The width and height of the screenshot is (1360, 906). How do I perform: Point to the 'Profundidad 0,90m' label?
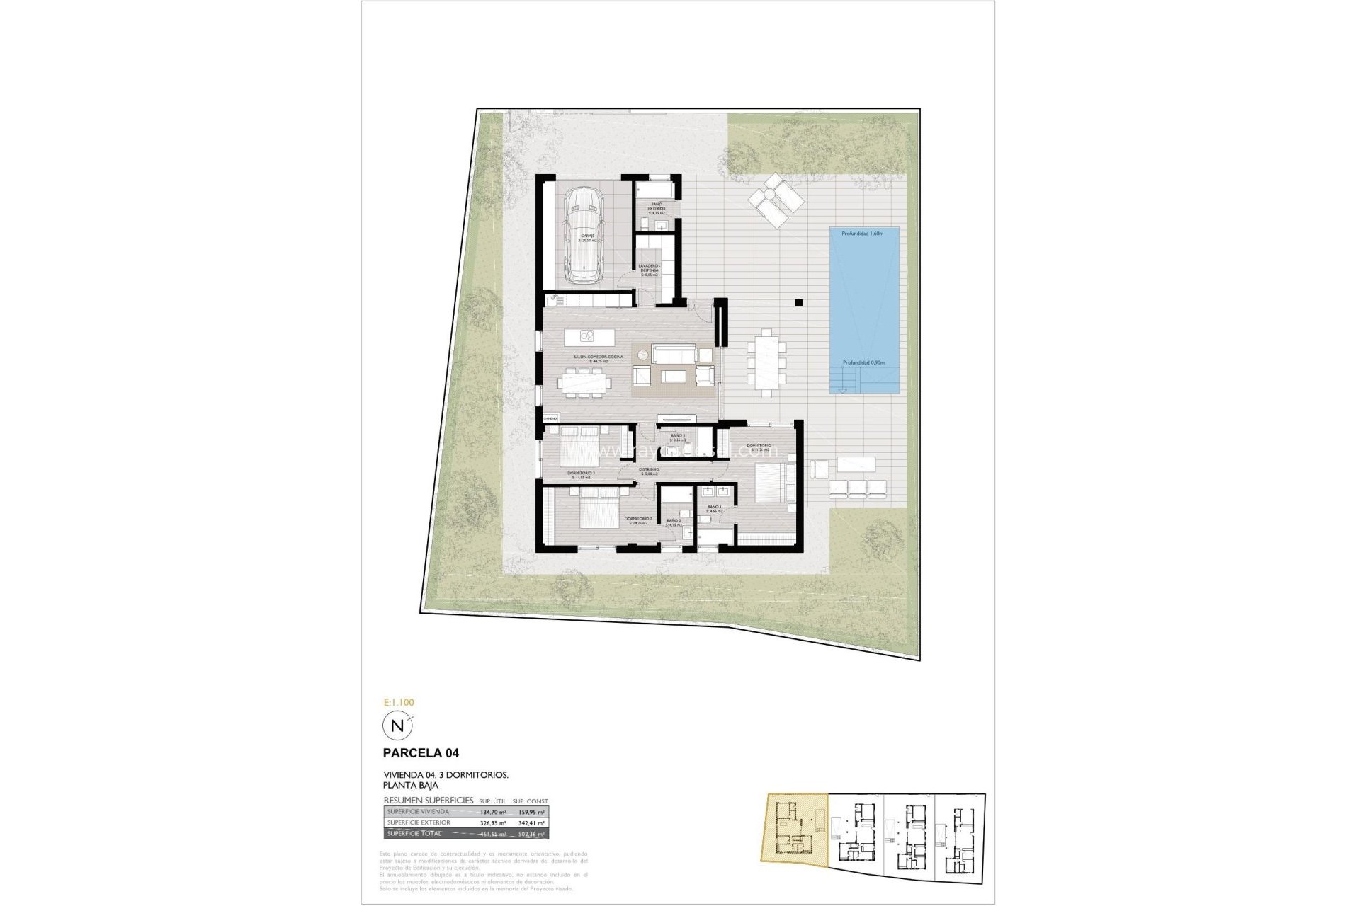(x=863, y=363)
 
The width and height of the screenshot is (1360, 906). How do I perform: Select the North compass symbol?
(x=397, y=726)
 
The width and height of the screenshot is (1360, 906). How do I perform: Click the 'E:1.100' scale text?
(x=398, y=702)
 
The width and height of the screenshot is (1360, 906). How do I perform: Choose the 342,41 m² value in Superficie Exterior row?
(x=531, y=823)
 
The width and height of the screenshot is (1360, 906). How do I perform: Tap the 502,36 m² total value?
(x=531, y=834)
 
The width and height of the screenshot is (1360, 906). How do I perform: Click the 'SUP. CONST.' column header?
(x=531, y=801)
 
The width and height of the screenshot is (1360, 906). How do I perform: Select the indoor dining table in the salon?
(x=584, y=383)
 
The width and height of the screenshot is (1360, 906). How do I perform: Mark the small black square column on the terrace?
(x=799, y=302)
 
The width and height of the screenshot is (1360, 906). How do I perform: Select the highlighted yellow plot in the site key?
(x=793, y=835)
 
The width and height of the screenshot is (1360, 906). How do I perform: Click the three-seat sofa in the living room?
(x=674, y=353)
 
